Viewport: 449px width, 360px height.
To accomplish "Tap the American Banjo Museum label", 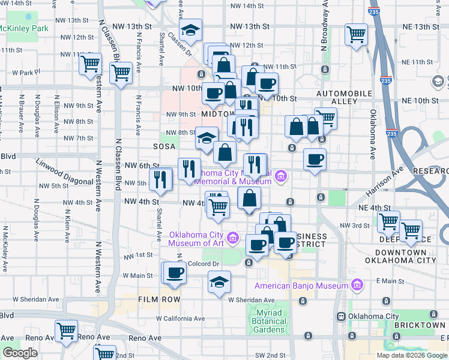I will coord(301,285).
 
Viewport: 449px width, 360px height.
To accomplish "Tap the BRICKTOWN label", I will coord(420,325).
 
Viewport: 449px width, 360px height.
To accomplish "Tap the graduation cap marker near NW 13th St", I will coord(191,31).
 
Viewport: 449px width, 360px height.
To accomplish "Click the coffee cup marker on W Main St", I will coord(175,272).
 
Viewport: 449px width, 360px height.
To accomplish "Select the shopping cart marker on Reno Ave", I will coord(66,331).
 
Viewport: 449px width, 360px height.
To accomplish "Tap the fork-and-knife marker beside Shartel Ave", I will coord(160,179).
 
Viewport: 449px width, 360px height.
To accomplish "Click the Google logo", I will coord(20,353).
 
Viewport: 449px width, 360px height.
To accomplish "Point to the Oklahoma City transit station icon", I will coord(340,317).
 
